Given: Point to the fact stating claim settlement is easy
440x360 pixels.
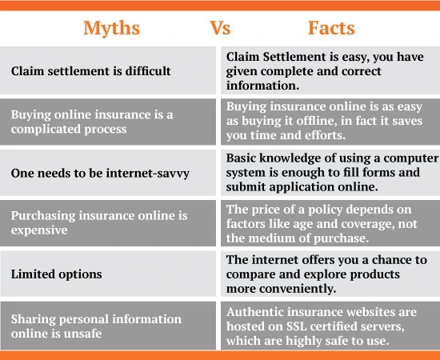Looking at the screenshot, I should [x=328, y=71].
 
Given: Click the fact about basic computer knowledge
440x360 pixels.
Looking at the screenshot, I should [x=328, y=172].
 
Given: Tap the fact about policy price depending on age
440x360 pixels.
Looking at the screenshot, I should [x=328, y=222].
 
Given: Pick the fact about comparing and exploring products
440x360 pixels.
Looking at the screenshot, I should [x=328, y=273].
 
